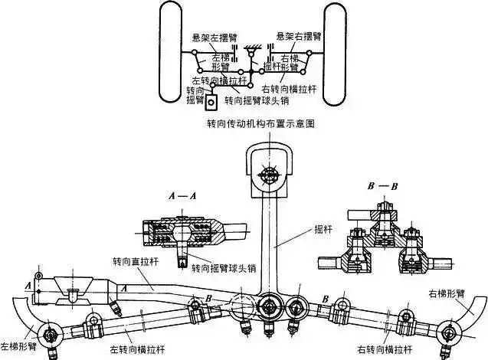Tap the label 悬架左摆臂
[208, 37]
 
